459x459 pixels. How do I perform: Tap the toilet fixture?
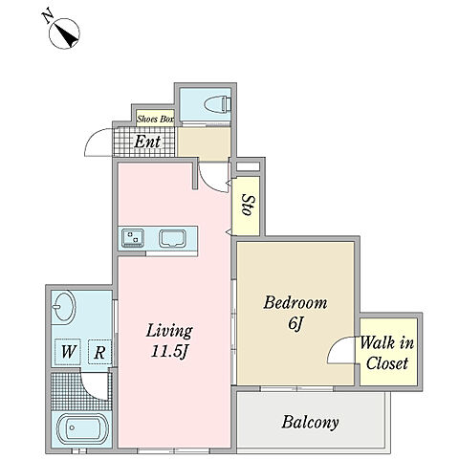[x=217, y=104]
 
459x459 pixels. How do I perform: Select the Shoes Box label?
[x=155, y=120]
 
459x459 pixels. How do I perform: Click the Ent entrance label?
[x=147, y=142]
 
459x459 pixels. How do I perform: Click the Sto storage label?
[x=248, y=205]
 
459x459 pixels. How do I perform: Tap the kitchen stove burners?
[x=133, y=238]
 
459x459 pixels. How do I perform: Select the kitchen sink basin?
[x=172, y=238]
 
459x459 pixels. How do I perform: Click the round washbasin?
[x=64, y=306]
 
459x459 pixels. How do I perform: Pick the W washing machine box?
[x=67, y=352]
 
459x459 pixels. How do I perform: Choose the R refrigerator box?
[x=99, y=352]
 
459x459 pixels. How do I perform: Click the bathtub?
[x=82, y=428]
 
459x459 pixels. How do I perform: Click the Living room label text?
[x=169, y=331]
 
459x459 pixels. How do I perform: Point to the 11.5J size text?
[x=169, y=352]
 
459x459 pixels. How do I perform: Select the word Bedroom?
[x=295, y=302]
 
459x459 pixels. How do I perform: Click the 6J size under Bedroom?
[x=295, y=324]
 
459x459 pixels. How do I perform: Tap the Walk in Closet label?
[x=387, y=353]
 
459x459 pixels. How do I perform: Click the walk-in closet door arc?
[x=333, y=346]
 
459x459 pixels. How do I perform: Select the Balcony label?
[x=310, y=423]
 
